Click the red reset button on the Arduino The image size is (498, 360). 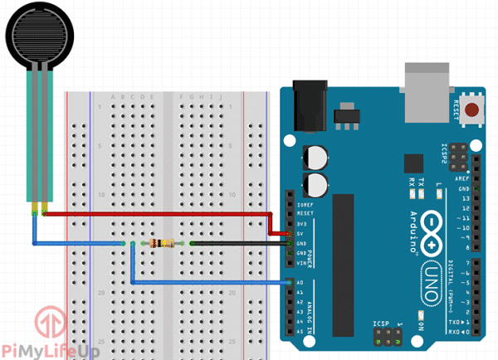[x=473, y=109]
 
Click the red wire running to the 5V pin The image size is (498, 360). [x=158, y=214]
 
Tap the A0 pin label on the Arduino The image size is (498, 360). [x=299, y=282]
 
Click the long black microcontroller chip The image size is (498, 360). [x=348, y=265]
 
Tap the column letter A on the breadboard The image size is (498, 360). [x=113, y=97]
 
